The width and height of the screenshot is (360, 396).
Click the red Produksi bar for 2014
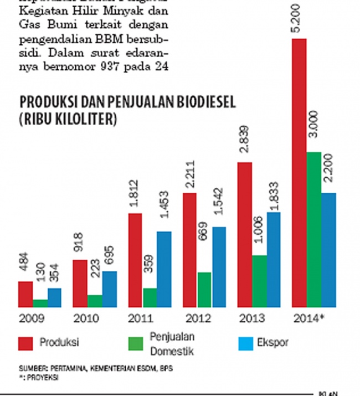(x=299, y=172)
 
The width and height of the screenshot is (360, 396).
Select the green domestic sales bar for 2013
(x=259, y=281)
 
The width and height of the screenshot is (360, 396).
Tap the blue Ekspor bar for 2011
(x=164, y=269)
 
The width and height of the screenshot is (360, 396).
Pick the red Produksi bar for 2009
(x=25, y=294)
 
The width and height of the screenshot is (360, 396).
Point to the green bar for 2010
(x=95, y=301)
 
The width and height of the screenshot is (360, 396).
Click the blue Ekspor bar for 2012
(x=219, y=266)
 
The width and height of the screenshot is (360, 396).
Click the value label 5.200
(x=299, y=24)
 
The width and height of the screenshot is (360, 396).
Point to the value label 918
(x=80, y=248)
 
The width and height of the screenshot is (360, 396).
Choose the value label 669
(x=204, y=256)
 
